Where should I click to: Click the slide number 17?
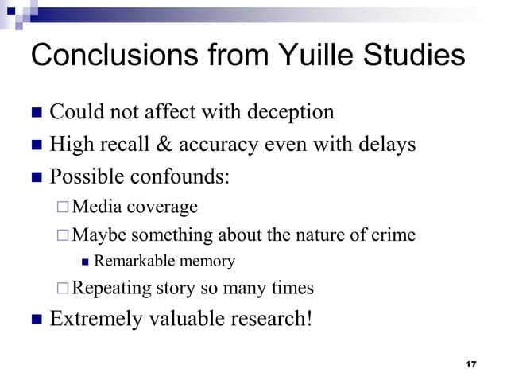coord(470,364)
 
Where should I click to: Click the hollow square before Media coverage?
coord(63,207)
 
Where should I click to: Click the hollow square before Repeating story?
coord(63,288)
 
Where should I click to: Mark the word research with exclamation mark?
coord(269,319)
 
